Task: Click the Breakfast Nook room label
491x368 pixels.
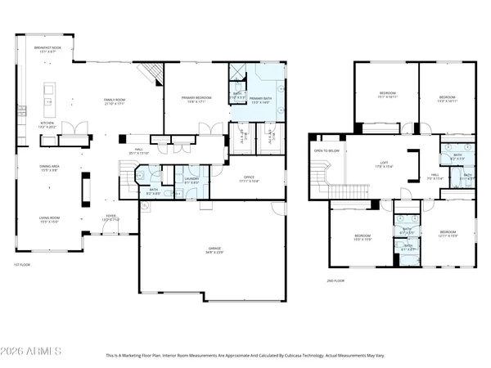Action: click(47, 50)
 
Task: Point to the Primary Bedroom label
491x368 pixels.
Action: click(196, 100)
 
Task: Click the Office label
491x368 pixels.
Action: click(250, 179)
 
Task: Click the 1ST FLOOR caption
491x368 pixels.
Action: click(22, 264)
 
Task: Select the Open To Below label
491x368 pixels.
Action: click(327, 151)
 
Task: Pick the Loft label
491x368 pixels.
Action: click(384, 164)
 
